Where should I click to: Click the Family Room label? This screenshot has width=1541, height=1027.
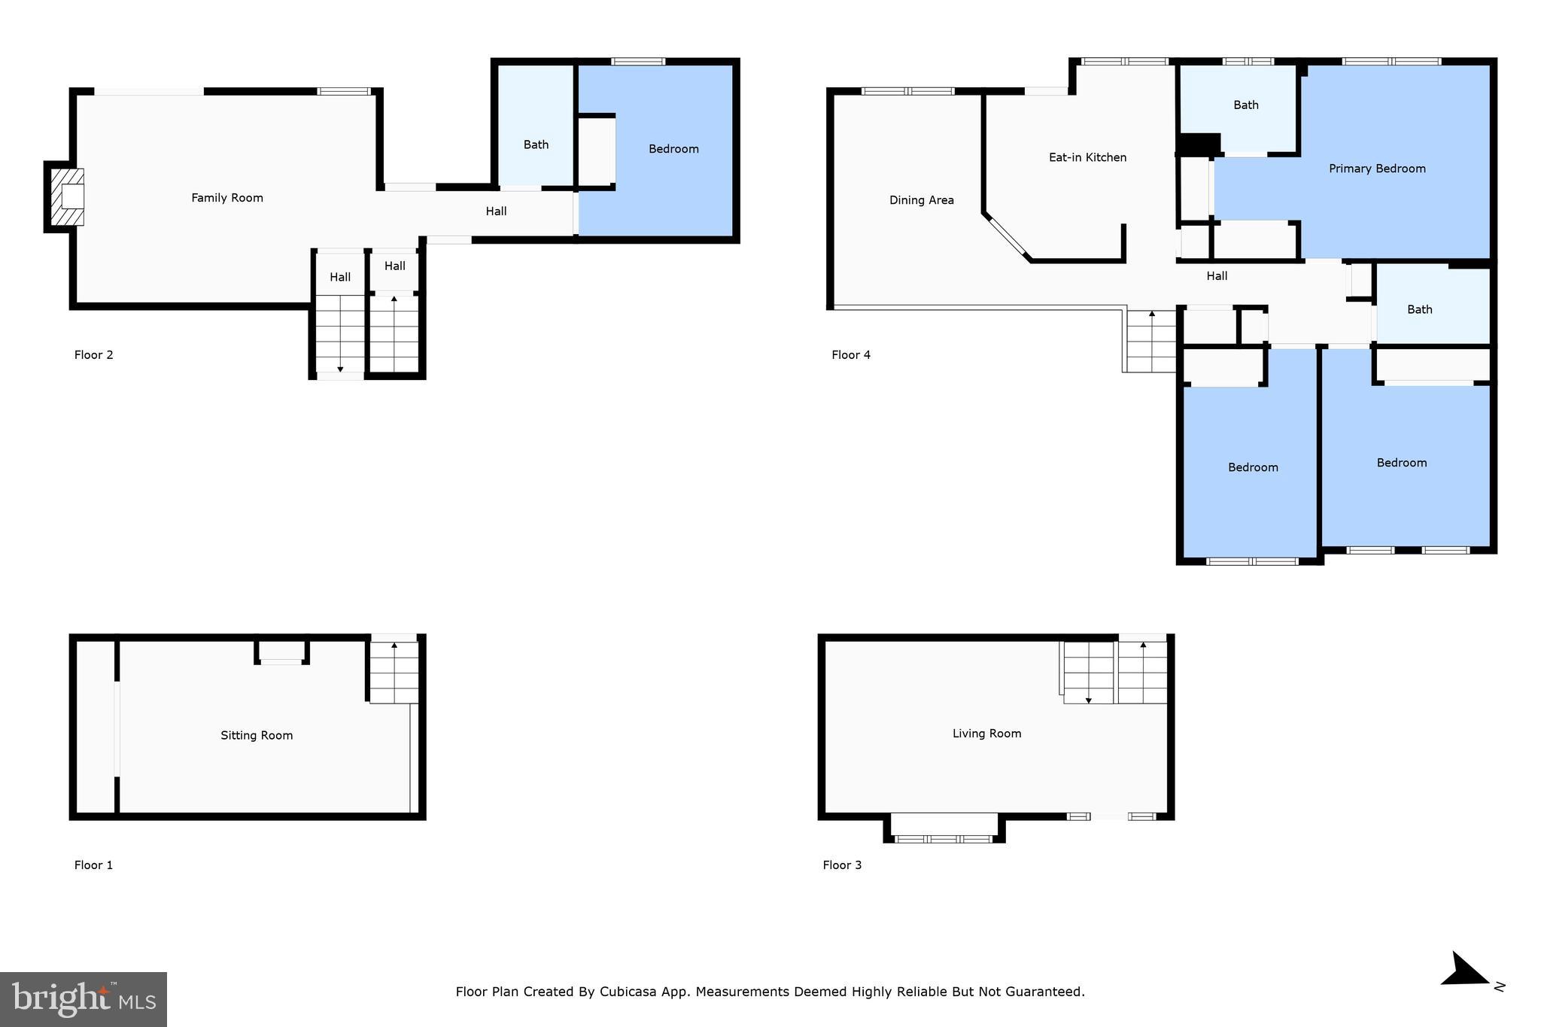227,198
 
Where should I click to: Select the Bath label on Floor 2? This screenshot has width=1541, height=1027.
536,144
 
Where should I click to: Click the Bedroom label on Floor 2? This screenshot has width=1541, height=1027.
673,149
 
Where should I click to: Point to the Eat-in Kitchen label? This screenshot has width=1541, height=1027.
1087,157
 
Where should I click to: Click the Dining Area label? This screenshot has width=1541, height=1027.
921,200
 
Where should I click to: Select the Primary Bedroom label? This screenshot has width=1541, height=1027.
1377,169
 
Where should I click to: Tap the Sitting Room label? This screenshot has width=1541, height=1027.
257,735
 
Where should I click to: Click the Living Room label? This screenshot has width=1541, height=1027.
986,734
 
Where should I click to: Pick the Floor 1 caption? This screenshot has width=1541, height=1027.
93,865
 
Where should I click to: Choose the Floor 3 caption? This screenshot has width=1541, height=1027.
842,865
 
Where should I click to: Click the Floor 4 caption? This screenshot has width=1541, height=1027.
851,355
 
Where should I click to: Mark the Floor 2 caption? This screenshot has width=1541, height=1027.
93,355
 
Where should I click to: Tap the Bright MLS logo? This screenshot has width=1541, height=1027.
84,999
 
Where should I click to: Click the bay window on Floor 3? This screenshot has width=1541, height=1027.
944,828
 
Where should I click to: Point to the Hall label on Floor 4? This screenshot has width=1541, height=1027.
1217,276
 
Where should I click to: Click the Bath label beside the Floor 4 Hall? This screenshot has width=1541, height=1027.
1420,309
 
